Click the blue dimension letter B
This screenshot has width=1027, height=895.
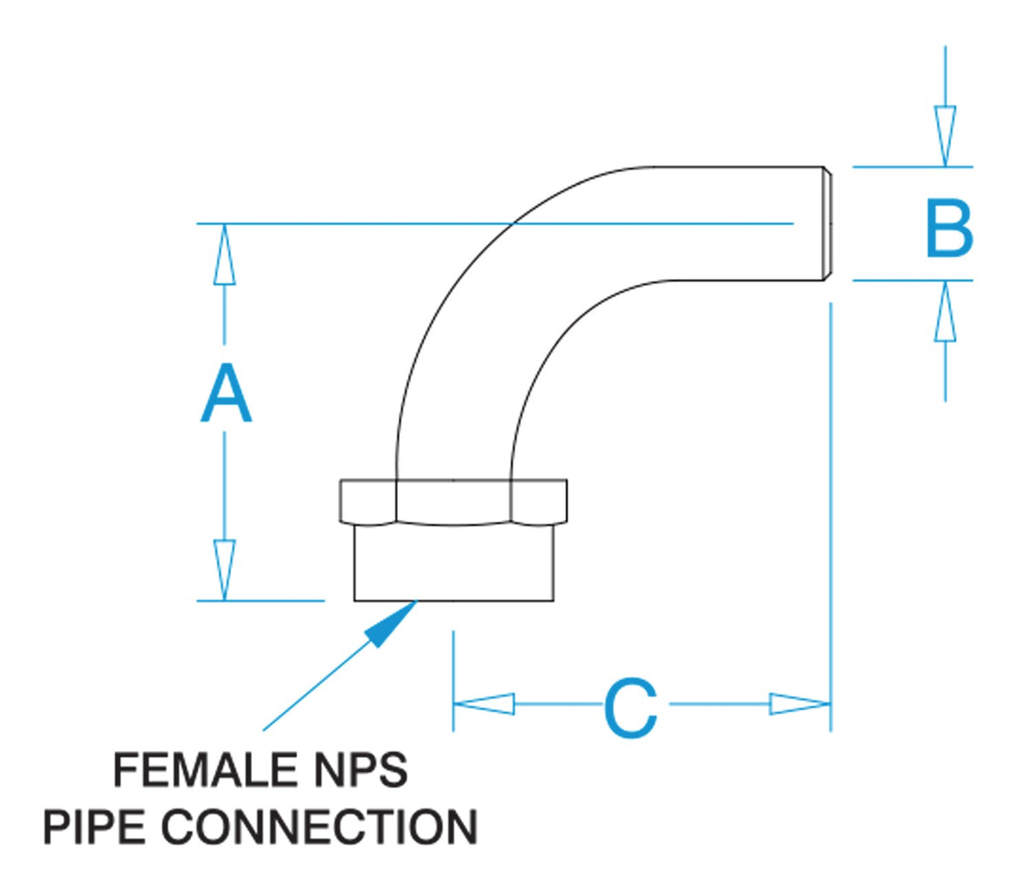click(949, 228)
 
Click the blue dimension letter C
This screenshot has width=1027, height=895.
click(631, 708)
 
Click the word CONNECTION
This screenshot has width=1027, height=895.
click(320, 827)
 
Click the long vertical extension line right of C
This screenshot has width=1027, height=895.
click(830, 513)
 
